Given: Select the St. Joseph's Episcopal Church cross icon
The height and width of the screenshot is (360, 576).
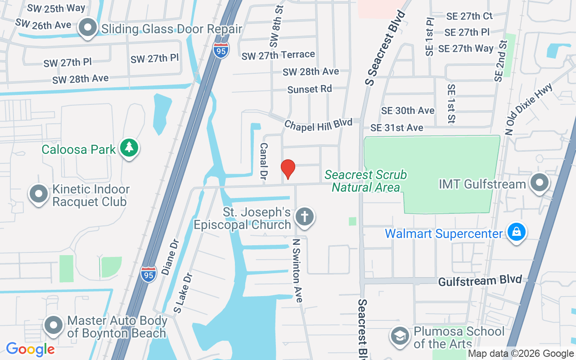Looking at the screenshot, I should coord(305,217).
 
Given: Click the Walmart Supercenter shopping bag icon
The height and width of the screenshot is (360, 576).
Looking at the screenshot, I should coord(517,232).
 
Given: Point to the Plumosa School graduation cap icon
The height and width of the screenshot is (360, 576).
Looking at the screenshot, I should coord(400,336).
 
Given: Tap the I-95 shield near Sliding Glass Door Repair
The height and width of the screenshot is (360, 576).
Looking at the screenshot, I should coord(221,49).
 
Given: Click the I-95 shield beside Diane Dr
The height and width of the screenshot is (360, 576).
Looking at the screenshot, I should coord(148,274).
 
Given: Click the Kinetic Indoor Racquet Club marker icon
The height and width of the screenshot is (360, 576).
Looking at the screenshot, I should coord(39,194).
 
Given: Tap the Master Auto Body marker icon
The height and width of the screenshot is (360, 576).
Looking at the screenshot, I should coord(54,324).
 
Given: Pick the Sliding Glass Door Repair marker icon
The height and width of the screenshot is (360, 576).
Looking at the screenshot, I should coord(88,28).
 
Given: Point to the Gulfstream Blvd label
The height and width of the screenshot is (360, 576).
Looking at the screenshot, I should coord(480,281).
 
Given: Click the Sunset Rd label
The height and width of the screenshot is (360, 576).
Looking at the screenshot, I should coord(310,89).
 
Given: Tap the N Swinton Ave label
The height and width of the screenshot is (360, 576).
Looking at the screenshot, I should coord(297,270).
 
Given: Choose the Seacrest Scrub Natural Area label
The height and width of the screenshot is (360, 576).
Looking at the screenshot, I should coord(365,181).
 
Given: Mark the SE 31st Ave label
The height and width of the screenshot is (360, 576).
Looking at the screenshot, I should coord(396,128).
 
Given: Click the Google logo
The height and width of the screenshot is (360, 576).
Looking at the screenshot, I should coord(30,349).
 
